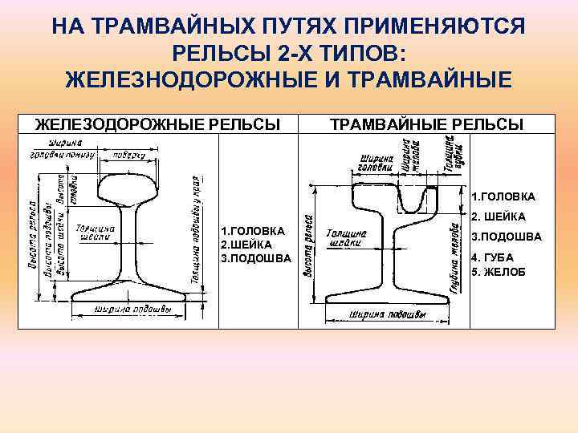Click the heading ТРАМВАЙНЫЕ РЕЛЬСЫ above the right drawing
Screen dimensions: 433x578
427,123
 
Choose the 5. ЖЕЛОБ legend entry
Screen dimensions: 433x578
499,272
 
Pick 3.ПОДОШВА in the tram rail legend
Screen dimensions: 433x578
506,237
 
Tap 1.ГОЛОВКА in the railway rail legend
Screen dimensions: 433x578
252,231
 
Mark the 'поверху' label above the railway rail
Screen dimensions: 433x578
128,156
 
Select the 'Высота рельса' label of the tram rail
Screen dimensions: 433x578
307,248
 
